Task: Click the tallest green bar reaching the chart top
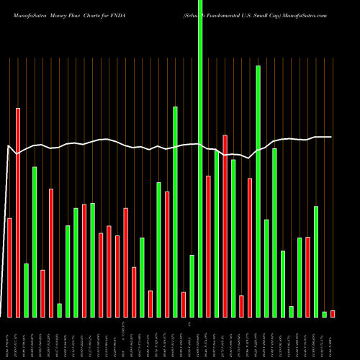coord(200,158)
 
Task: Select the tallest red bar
coord(18,212)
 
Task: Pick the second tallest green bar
coord(258,191)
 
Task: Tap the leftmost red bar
coord(9,267)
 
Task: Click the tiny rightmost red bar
coord(333,313)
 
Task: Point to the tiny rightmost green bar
coord(325,314)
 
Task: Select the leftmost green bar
coord(26,290)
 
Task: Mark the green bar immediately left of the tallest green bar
coord(192,286)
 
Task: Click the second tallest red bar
coord(225,225)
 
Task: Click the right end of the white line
coord(331,137)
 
